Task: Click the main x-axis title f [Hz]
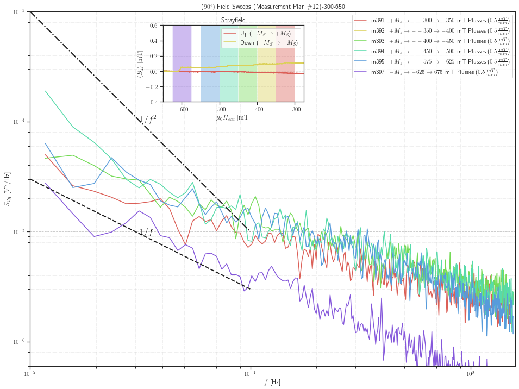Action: click(272, 382)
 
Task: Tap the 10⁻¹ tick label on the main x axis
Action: click(250, 374)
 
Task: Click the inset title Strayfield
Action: click(233, 20)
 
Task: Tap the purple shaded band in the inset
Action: click(182, 63)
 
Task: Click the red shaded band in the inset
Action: click(285, 63)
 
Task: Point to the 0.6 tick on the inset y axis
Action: click(153, 25)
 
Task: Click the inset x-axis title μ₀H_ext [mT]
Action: click(233, 117)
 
